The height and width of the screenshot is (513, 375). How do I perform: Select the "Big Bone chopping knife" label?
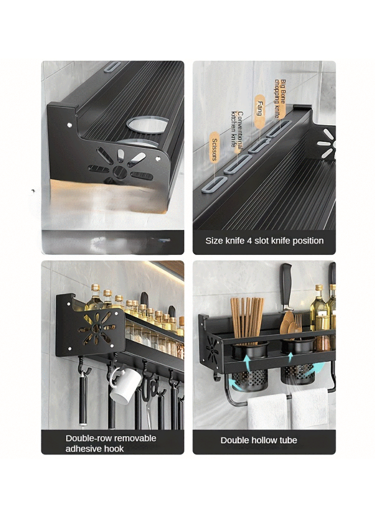tap(280, 99)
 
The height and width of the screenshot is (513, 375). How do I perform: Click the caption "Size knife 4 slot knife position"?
tap(264, 241)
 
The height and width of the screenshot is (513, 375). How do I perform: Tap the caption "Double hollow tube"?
tap(259, 440)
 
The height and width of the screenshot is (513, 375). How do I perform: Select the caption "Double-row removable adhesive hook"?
tap(111, 443)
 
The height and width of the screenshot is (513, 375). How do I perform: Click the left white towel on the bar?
tap(268, 411)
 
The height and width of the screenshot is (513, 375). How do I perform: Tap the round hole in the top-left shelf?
tap(148, 125)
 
